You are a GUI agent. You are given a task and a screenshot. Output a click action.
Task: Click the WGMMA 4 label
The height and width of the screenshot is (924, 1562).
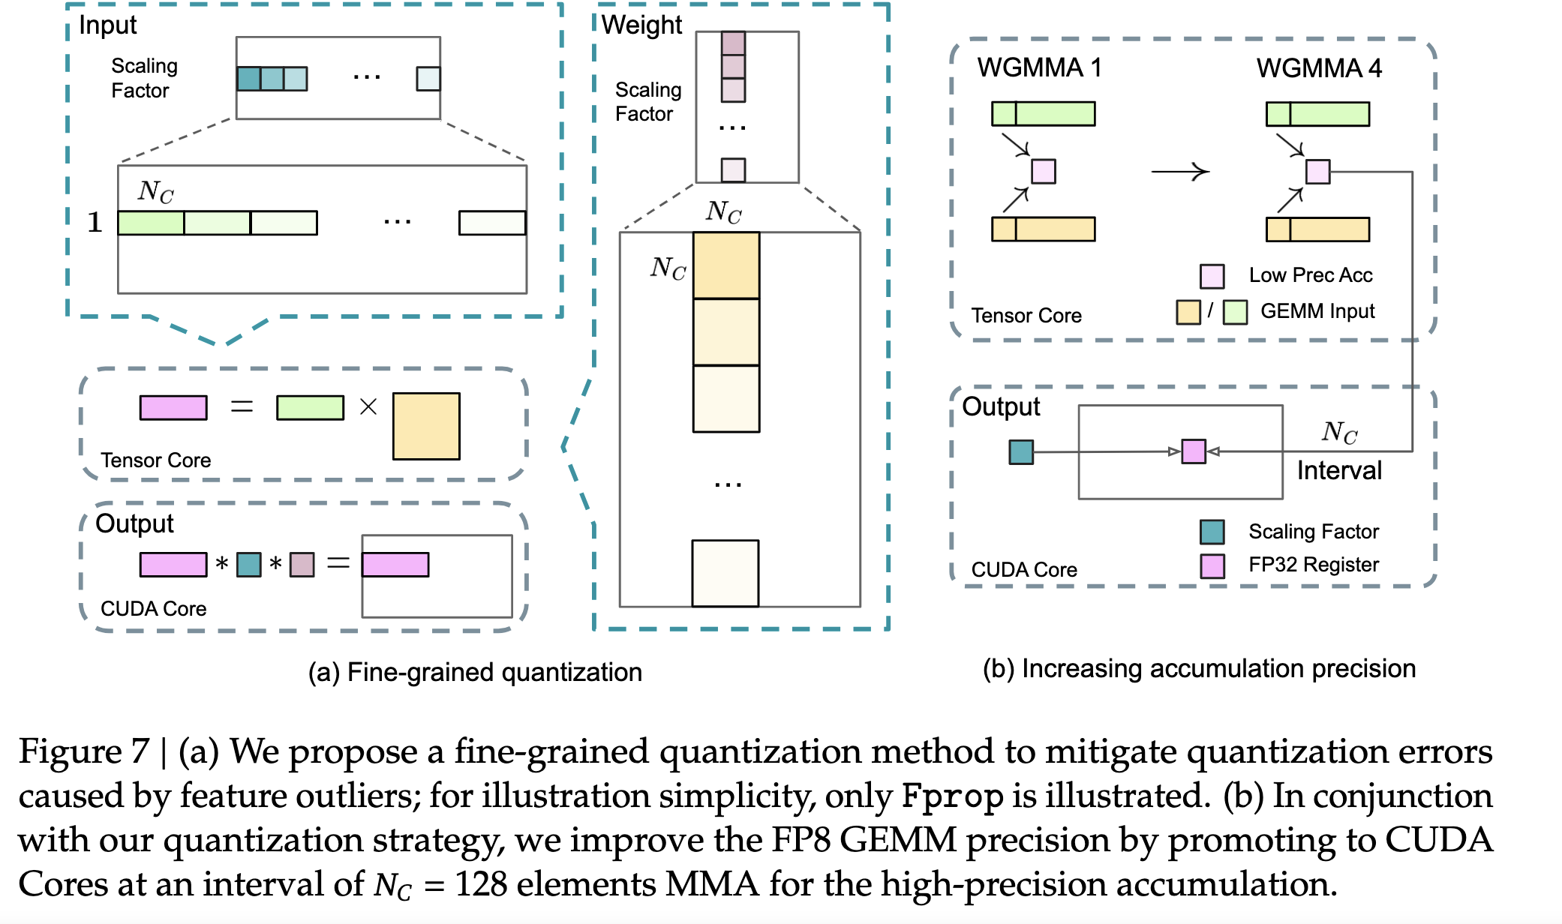click(1319, 68)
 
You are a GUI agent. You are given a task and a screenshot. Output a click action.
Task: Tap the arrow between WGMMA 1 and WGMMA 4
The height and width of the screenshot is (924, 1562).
click(1180, 172)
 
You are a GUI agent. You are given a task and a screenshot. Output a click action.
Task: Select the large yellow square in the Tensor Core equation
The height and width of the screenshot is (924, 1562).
click(426, 426)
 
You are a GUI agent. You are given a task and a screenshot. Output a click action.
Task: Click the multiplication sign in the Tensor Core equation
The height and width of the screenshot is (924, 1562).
click(368, 407)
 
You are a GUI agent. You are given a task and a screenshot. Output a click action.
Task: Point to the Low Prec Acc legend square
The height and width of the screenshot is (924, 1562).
click(1212, 276)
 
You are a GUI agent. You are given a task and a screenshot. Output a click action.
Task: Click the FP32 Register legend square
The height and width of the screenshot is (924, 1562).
click(1212, 565)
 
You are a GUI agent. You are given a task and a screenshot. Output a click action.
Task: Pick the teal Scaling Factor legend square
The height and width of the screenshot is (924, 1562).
click(1212, 532)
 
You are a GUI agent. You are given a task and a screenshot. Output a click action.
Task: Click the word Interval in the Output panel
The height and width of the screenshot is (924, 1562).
click(1339, 470)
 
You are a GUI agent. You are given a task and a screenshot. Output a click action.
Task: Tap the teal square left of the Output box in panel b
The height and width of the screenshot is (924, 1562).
click(1021, 452)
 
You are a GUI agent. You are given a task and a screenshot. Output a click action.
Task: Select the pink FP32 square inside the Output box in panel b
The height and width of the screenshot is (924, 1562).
click(1193, 451)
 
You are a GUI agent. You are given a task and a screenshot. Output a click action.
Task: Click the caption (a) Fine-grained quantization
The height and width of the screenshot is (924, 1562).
click(475, 672)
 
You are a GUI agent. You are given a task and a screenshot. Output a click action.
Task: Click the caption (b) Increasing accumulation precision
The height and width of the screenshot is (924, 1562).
click(1199, 668)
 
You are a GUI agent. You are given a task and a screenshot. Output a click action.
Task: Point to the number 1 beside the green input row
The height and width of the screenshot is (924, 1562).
click(95, 222)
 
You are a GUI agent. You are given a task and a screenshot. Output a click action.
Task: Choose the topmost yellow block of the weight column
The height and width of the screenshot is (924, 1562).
click(726, 265)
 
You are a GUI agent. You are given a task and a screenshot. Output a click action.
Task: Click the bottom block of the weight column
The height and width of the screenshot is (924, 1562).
click(725, 573)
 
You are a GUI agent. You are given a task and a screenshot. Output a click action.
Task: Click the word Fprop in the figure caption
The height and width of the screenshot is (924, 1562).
click(952, 796)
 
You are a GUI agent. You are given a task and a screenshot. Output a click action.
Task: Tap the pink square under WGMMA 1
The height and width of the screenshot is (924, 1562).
click(1043, 171)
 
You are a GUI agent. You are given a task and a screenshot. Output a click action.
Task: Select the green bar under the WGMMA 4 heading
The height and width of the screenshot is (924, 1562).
click(1317, 114)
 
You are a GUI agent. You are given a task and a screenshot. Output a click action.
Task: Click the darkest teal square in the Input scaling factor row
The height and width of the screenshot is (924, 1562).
click(248, 79)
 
